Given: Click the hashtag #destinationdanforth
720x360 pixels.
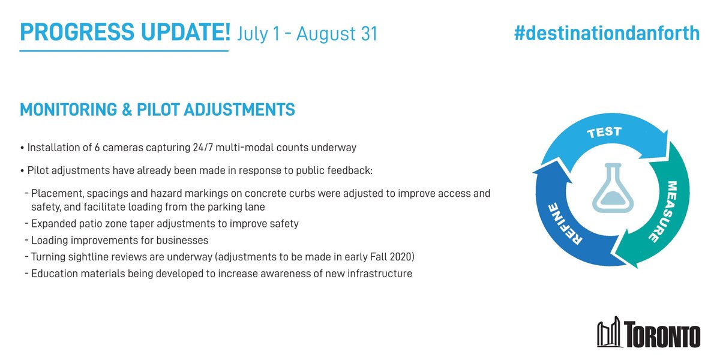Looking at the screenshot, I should pos(607,34).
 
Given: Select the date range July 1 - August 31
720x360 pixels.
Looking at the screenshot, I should pos(308,34).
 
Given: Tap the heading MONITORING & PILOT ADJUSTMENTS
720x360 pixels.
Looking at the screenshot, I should pos(157,110).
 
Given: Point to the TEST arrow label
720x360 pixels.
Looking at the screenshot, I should pos(605,132).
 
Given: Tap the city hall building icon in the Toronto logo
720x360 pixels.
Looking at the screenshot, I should pos(611,334).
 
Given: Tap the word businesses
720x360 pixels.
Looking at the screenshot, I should pos(181,241).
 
